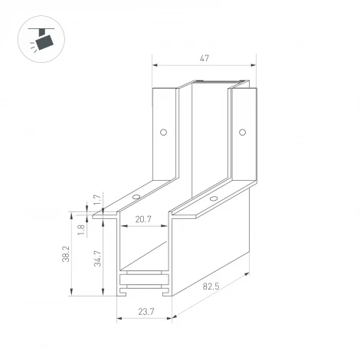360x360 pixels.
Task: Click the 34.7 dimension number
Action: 97,258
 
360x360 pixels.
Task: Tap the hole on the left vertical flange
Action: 162,132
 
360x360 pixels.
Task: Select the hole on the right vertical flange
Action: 244,132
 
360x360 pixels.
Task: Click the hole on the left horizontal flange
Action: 136,196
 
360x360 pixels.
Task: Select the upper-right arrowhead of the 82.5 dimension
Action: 249,273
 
